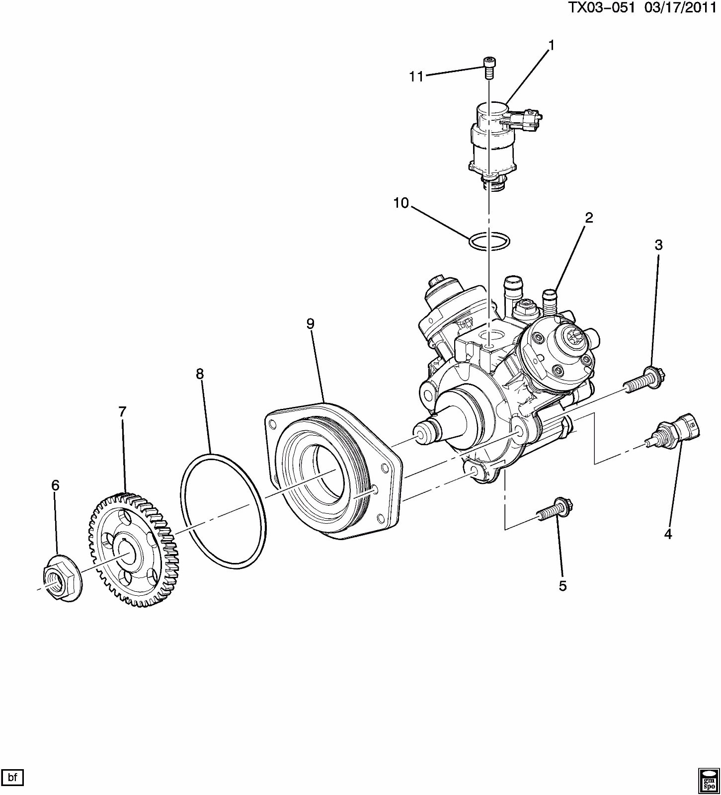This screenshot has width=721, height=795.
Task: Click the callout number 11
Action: coord(416,76)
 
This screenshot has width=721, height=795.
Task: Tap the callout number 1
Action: coord(551,45)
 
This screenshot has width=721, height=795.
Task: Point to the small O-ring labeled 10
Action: coord(489,241)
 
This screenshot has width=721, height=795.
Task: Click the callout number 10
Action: coord(401,203)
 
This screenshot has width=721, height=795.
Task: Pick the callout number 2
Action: coord(589,217)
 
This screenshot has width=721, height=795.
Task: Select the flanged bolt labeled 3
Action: coord(644,381)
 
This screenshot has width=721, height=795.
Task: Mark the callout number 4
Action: coord(668,534)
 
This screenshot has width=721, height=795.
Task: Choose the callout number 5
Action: coord(562,586)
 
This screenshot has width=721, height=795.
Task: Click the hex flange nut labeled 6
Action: coord(60,577)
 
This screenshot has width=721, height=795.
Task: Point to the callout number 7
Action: coord(122,411)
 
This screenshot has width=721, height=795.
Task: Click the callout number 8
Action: coord(200,374)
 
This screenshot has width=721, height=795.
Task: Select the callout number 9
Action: coord(310,324)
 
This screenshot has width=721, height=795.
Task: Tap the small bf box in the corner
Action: coord(12,778)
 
